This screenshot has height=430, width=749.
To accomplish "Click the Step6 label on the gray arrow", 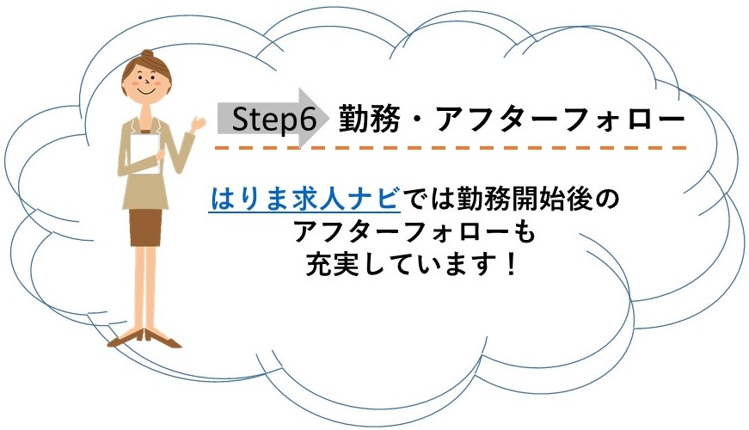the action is (274, 119).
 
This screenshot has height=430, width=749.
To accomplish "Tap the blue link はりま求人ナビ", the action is (304, 199).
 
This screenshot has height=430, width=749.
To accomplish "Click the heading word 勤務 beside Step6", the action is (369, 119).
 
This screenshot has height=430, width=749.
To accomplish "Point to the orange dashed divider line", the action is (451, 148).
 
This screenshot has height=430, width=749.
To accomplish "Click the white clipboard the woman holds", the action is (145, 153).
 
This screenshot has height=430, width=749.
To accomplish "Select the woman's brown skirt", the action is (145, 227).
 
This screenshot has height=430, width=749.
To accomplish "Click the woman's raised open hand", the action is (197, 124).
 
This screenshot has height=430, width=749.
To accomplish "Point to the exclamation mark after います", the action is (511, 264).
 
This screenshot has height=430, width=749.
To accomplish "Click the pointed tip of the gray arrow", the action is (329, 118).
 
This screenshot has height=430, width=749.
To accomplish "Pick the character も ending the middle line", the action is (524, 232).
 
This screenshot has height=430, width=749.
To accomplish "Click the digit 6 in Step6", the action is (309, 119).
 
